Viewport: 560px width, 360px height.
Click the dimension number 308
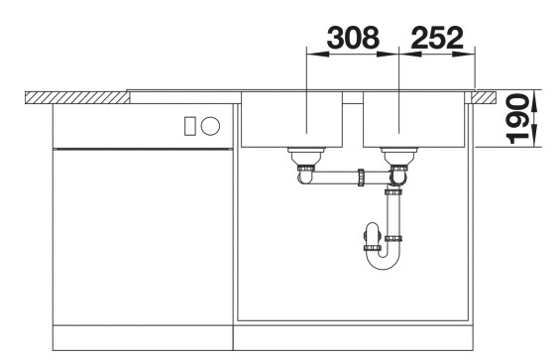[353, 38]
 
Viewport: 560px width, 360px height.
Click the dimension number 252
[437, 38]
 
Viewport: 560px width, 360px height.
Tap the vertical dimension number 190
[517, 118]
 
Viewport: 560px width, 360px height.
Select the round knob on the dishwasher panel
[210, 126]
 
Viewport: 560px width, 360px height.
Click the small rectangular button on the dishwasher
[189, 126]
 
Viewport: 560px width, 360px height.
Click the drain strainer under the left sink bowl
[306, 155]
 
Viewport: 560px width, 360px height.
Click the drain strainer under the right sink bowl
[398, 155]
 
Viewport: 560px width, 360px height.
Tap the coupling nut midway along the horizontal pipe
[361, 178]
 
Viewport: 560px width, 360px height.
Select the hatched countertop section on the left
[77, 98]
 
